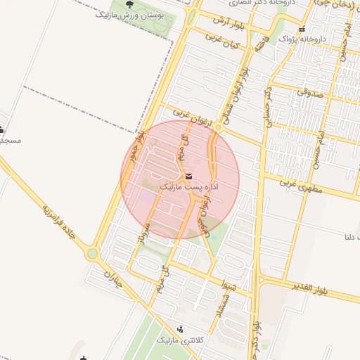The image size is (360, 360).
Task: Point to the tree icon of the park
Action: (129, 5)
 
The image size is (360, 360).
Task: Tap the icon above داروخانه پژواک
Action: (302, 30)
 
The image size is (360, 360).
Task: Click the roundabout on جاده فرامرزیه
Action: (92, 254)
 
